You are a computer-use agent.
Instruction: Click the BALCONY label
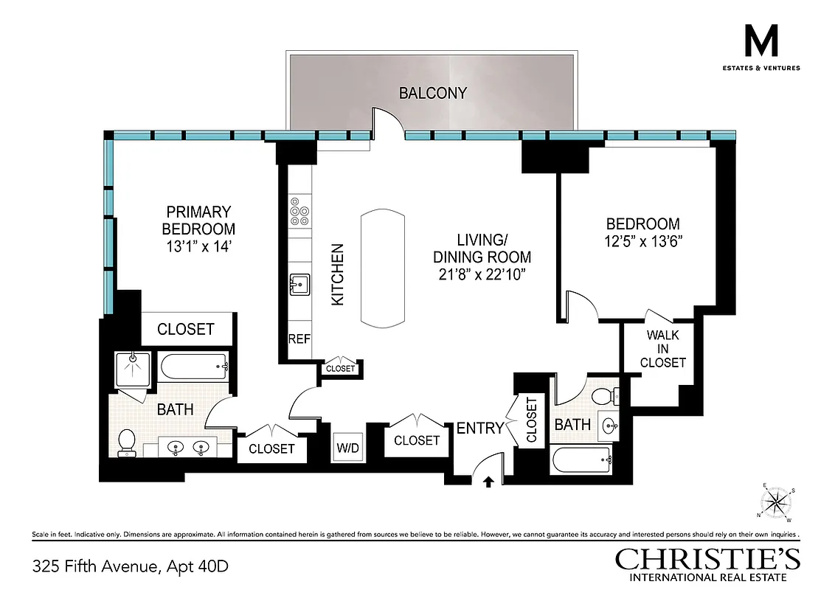[x=433, y=93]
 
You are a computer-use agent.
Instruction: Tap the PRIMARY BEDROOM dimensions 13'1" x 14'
[x=198, y=247]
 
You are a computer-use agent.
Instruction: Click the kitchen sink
[x=299, y=283]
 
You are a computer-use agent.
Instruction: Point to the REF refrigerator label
[x=299, y=340]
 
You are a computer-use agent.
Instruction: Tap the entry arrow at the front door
[x=488, y=482]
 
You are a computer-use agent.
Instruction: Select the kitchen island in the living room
[x=383, y=268]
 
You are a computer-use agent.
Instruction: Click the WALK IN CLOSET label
[x=662, y=349]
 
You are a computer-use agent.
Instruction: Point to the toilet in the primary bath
[x=128, y=442]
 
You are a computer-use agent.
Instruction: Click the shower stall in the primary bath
[x=133, y=367]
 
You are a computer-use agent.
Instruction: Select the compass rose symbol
[x=775, y=503]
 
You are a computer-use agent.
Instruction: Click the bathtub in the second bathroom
[x=581, y=462]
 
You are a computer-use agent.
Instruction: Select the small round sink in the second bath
[x=610, y=426]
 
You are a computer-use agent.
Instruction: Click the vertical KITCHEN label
[x=336, y=274]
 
